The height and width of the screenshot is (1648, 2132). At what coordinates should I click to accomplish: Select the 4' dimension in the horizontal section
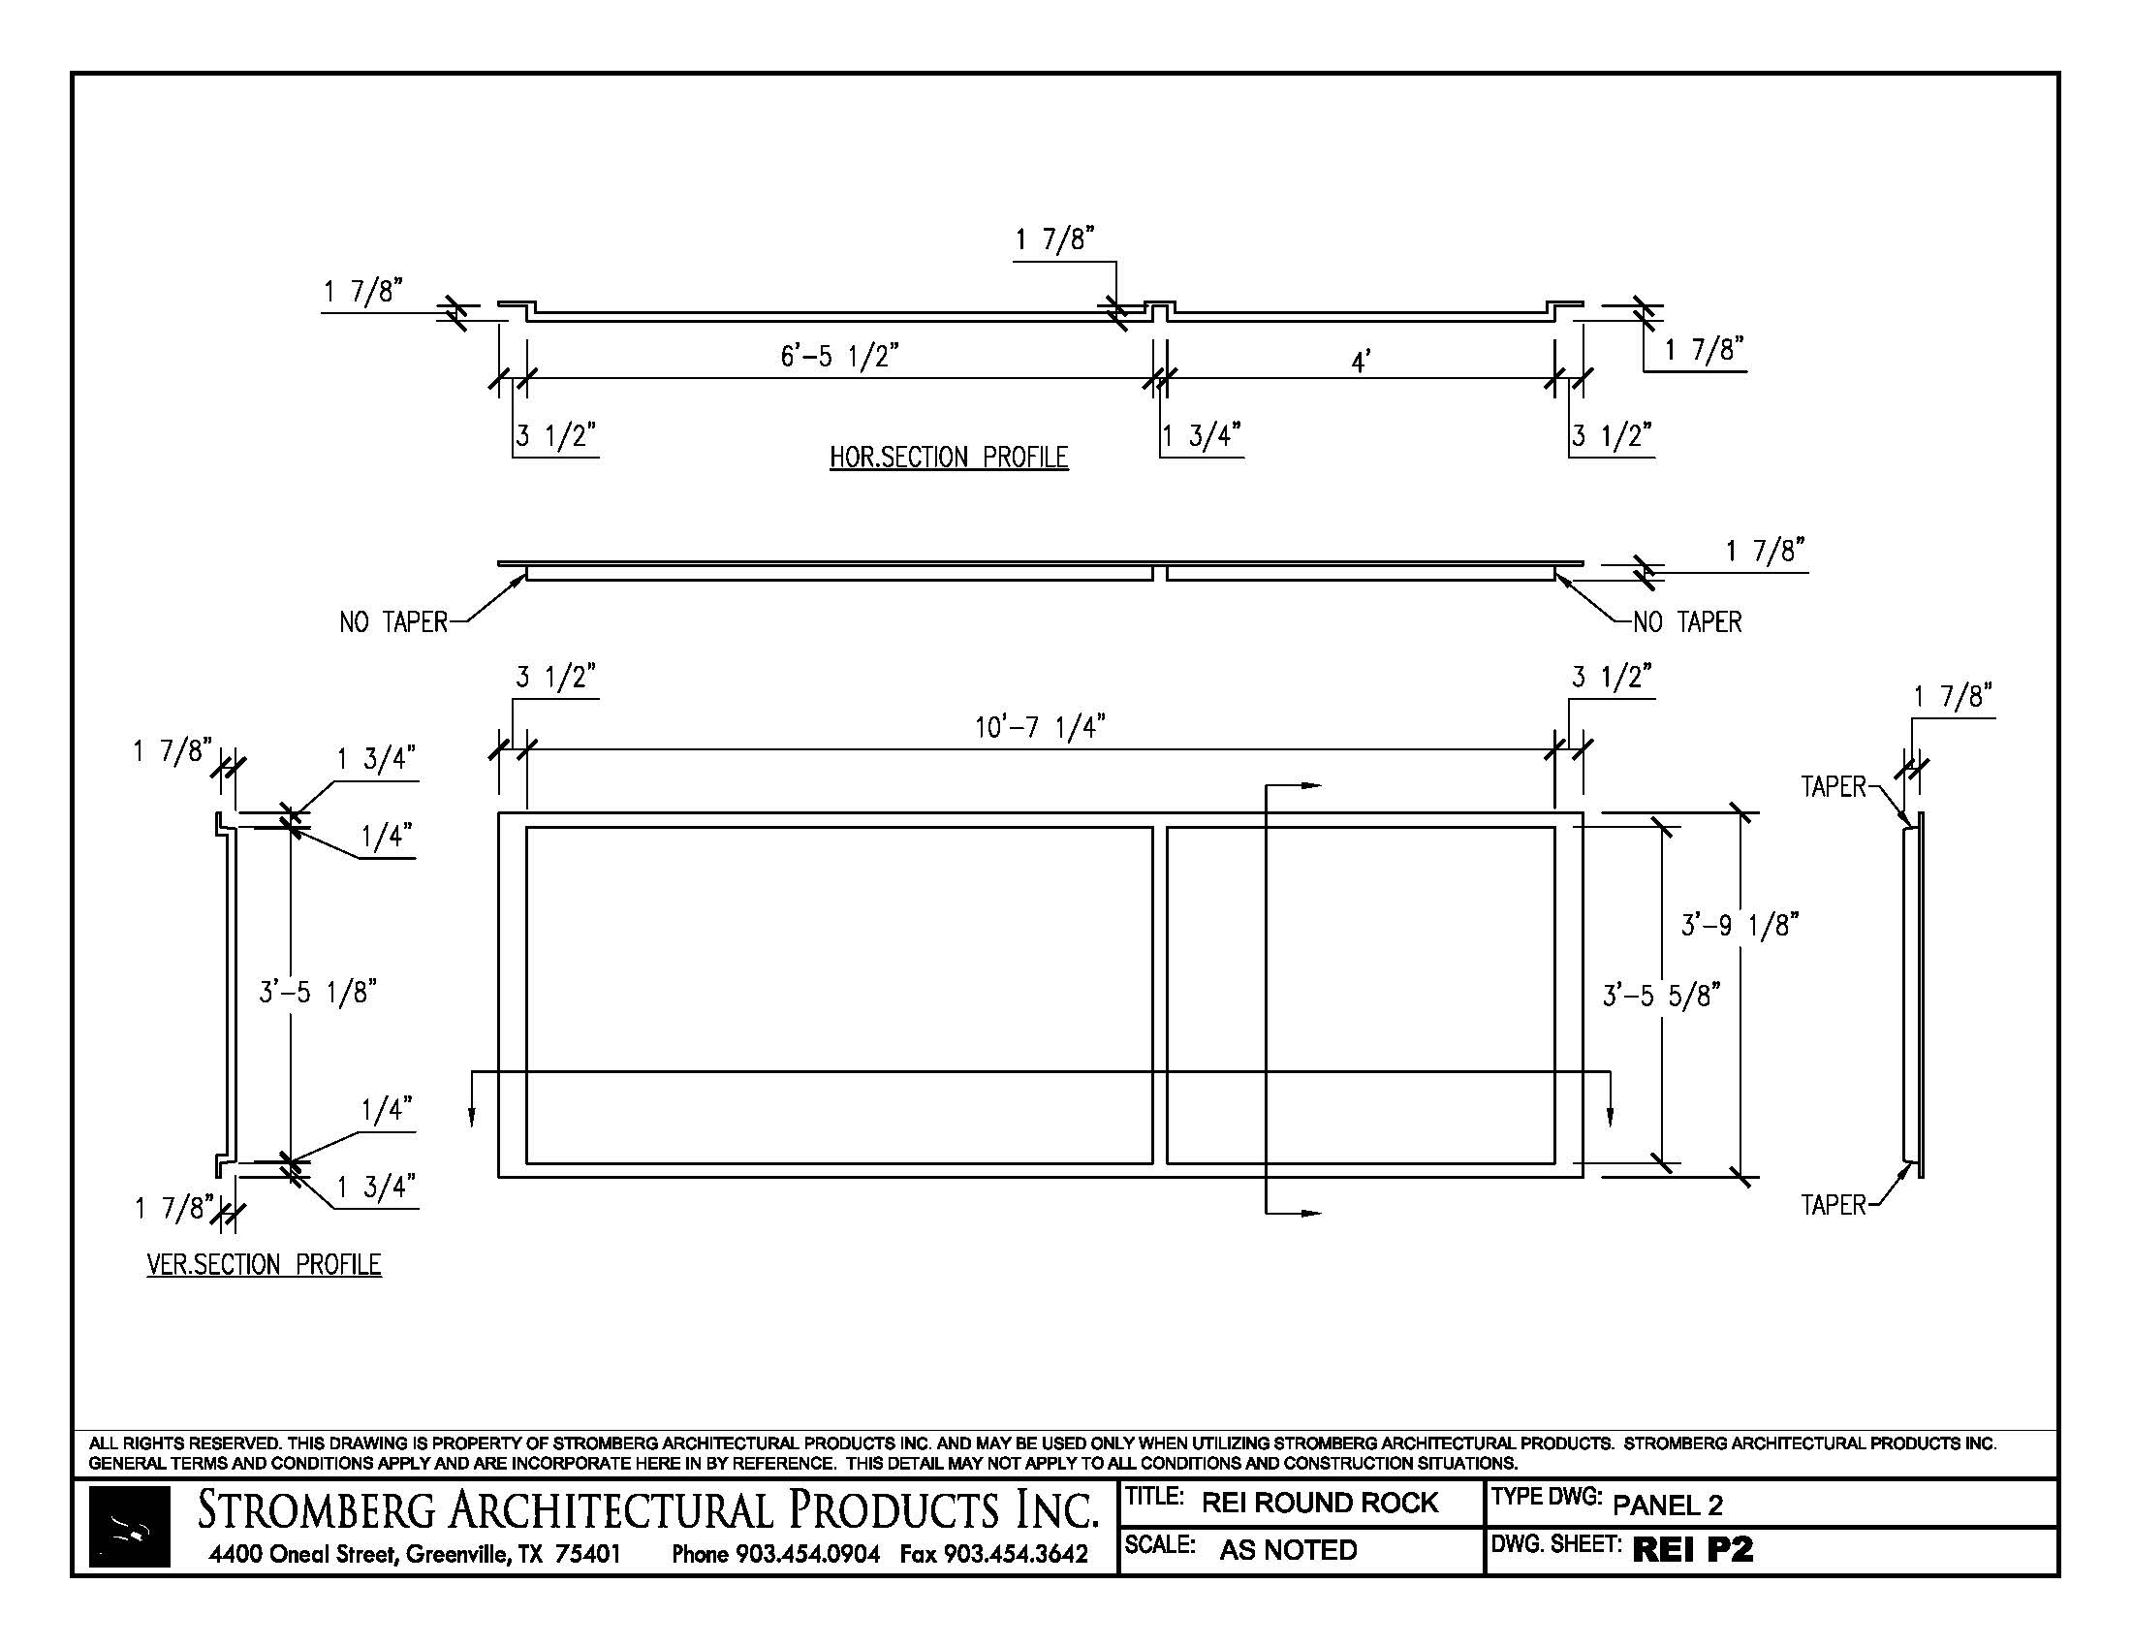(x=1361, y=363)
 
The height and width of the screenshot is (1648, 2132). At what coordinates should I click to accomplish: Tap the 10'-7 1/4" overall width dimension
(x=1040, y=727)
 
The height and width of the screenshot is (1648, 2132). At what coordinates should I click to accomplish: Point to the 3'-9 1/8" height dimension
(x=1740, y=925)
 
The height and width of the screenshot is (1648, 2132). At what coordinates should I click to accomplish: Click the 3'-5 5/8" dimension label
(x=1661, y=995)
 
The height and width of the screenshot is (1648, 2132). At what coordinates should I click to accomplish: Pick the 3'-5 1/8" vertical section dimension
(x=317, y=992)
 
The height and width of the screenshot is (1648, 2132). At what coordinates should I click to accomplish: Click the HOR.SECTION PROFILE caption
(x=949, y=457)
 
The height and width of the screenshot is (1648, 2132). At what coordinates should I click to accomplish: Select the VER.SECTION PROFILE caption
(x=264, y=1264)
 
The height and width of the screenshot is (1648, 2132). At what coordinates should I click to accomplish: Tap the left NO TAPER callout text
(x=393, y=622)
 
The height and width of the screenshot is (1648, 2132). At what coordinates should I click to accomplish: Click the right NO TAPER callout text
(x=1688, y=622)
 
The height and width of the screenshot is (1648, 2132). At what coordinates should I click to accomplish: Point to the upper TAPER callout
(x=1834, y=787)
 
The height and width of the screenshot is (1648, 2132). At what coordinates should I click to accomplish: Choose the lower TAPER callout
(x=1834, y=1205)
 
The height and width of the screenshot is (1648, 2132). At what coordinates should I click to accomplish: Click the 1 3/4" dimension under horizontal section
(x=1202, y=435)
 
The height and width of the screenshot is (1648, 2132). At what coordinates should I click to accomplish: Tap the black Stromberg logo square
(x=130, y=1527)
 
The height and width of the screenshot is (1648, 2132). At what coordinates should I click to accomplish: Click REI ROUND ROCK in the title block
(x=1320, y=1503)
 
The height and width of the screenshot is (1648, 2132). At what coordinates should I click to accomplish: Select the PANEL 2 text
(x=1668, y=1505)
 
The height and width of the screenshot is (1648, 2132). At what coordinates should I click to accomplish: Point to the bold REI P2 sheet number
(x=1693, y=1549)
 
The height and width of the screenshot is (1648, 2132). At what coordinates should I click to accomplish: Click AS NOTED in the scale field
(x=1288, y=1550)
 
